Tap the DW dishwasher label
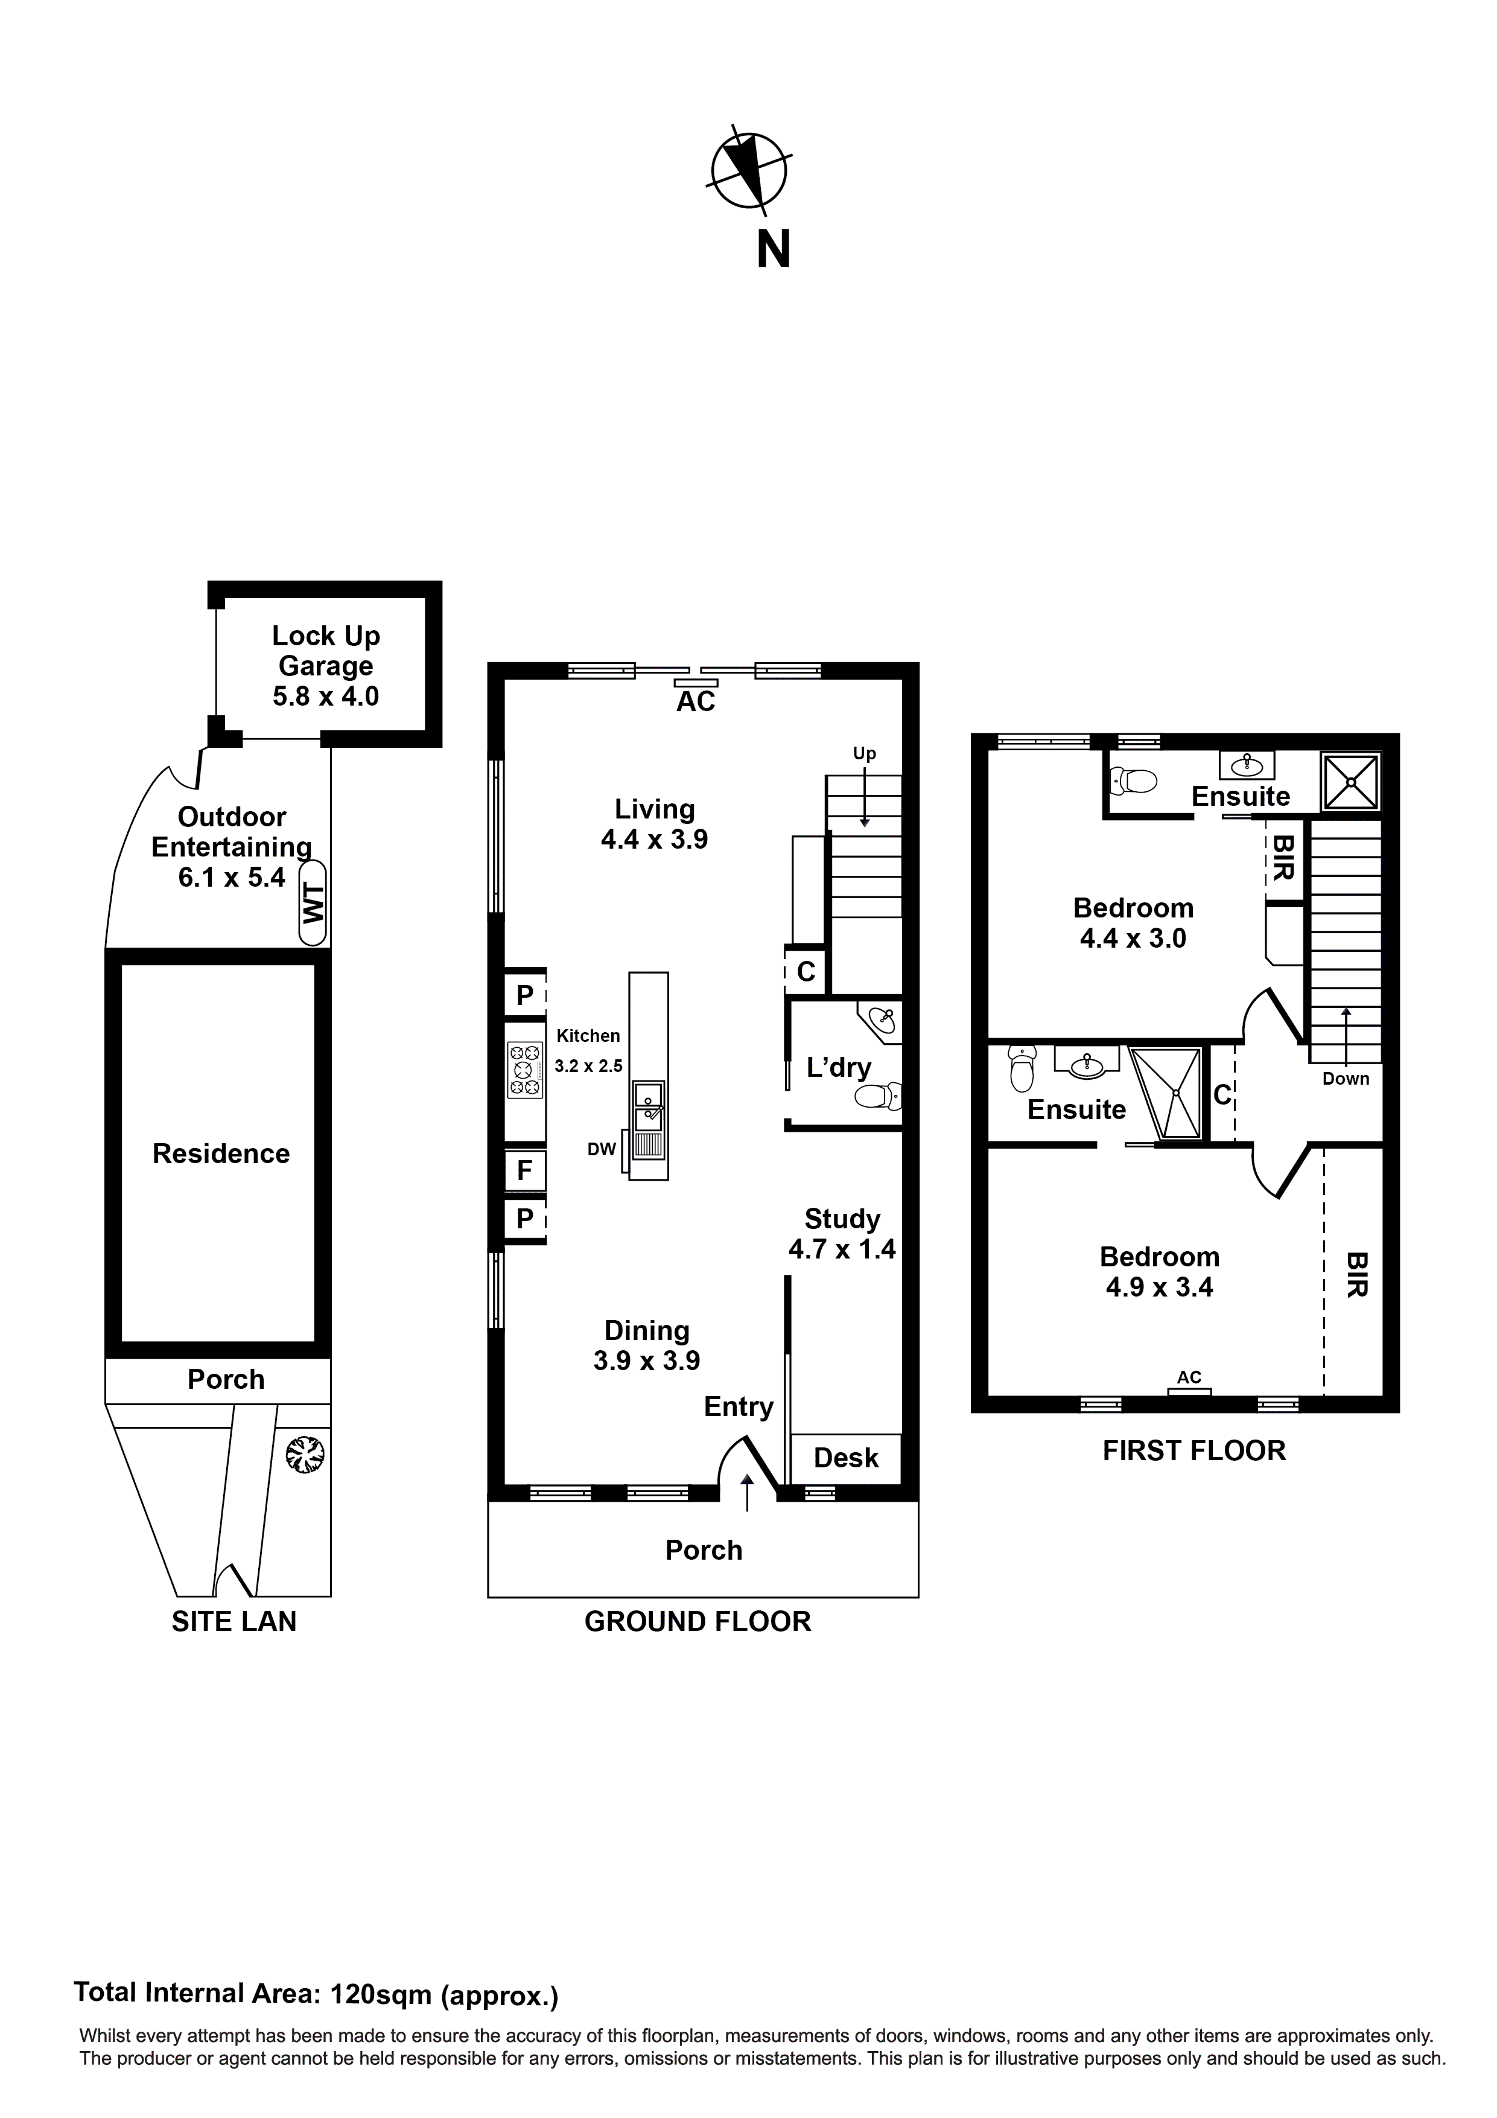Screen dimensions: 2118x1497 coord(602,1149)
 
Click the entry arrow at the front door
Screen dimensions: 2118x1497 coord(746,1493)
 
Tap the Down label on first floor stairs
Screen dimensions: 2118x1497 coord(1346,1079)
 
